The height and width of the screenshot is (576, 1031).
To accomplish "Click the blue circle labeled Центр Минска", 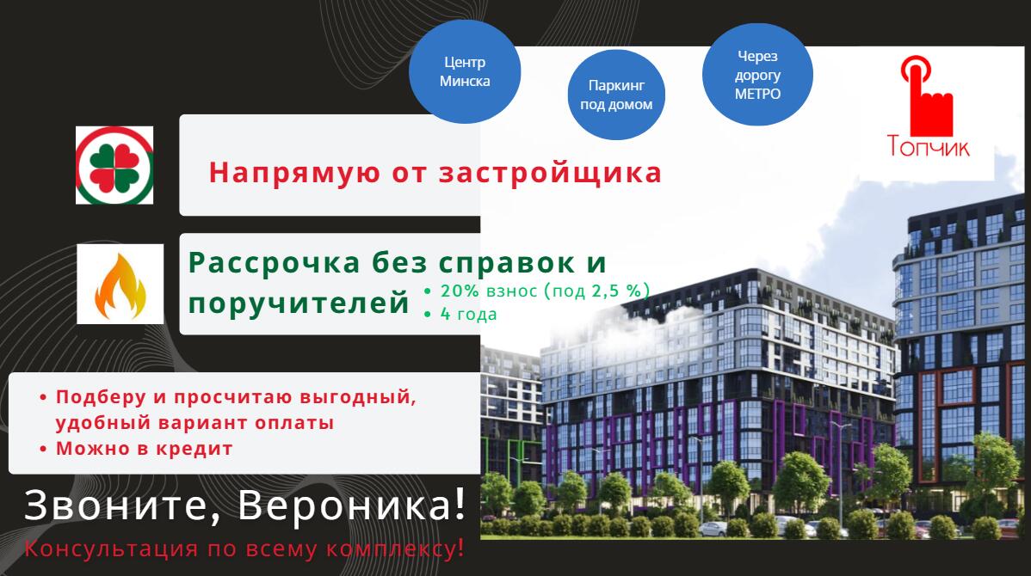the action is pos(465,71).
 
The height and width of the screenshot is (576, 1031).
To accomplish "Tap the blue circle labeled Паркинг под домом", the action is pos(616,95).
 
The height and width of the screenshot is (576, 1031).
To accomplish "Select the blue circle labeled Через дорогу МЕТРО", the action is pos(757,74).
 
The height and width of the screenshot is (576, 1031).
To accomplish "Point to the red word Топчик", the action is pos(928,146).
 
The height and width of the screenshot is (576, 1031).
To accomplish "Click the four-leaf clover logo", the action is pos(114,166).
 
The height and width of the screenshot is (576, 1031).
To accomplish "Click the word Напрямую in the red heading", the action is pos(294,174).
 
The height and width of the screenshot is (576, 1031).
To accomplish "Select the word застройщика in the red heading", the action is pos(550,174).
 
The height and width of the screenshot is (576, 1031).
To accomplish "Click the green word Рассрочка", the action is pos(275,263).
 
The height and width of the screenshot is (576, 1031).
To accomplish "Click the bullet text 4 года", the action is pos(468,314).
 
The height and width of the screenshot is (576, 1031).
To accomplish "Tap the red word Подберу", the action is pos(101,397).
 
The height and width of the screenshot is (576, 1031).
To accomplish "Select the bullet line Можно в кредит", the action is pos(144,449).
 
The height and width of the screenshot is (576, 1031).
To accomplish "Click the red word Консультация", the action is pos(111,549).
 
